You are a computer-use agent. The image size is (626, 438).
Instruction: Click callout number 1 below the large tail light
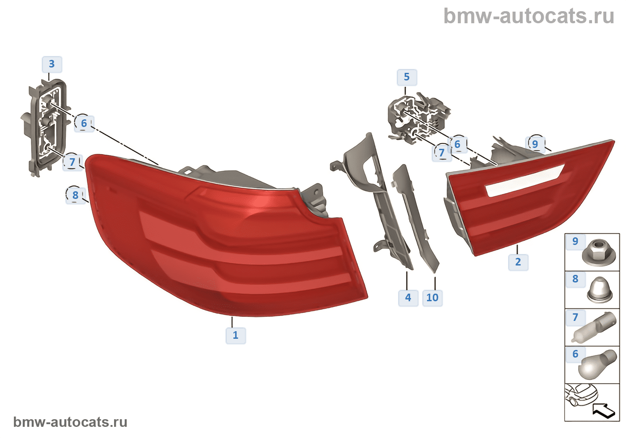point(236,335)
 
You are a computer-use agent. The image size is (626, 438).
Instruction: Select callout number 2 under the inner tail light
point(518,262)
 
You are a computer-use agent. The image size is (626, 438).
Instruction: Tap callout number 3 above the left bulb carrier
point(52,64)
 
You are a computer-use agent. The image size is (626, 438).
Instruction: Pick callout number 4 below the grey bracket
point(408,298)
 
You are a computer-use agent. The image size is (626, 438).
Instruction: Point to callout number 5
point(406,77)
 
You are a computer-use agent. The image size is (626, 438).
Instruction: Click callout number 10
point(432,298)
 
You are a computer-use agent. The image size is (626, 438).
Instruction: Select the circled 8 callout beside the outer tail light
point(75,195)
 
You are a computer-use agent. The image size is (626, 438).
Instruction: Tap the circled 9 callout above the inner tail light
point(535,144)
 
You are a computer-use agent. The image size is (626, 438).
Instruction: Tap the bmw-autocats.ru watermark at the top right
point(529,16)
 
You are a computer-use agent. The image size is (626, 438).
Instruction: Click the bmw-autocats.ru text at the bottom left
point(70,422)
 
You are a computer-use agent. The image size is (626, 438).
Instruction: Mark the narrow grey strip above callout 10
point(416,219)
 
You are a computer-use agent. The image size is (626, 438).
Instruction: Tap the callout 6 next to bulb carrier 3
point(84,123)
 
